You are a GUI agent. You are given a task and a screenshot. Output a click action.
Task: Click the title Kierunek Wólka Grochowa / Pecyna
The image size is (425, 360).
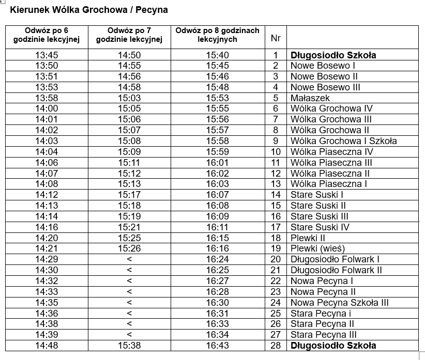[89, 10]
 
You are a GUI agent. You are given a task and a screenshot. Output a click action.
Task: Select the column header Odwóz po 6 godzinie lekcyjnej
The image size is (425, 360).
[47, 35]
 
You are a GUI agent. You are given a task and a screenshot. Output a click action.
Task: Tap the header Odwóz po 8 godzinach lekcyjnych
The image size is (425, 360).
[217, 35]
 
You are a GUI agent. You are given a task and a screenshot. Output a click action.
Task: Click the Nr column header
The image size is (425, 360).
[276, 38]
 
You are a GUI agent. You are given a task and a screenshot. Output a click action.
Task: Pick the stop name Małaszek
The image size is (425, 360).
[310, 98]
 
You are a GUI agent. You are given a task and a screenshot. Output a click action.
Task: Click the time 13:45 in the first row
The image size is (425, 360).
[47, 55]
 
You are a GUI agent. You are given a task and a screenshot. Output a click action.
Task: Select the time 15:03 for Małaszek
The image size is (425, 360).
[129, 98]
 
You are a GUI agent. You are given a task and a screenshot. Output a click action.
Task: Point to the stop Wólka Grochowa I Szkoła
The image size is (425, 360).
[343, 141]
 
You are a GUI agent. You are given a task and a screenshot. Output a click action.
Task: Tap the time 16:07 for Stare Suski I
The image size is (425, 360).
[217, 195]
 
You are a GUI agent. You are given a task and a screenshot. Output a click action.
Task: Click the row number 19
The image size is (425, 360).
[276, 248]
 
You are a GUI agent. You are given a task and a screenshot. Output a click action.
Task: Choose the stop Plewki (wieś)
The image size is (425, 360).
[317, 248]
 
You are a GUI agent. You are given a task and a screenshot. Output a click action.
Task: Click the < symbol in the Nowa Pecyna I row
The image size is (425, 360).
[129, 281]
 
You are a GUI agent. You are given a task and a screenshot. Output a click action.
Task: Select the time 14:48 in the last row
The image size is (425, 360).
[47, 346]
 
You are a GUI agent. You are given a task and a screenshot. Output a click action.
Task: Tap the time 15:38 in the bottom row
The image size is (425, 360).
[129, 346]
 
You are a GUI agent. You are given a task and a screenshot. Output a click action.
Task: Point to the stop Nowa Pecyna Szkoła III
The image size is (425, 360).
[339, 303]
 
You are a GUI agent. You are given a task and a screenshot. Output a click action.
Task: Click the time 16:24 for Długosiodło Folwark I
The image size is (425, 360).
[217, 259]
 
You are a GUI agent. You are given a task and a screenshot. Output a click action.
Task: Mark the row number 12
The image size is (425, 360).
[276, 174]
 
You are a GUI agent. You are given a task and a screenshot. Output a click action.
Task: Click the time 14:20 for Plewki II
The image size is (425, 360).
[47, 238]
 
